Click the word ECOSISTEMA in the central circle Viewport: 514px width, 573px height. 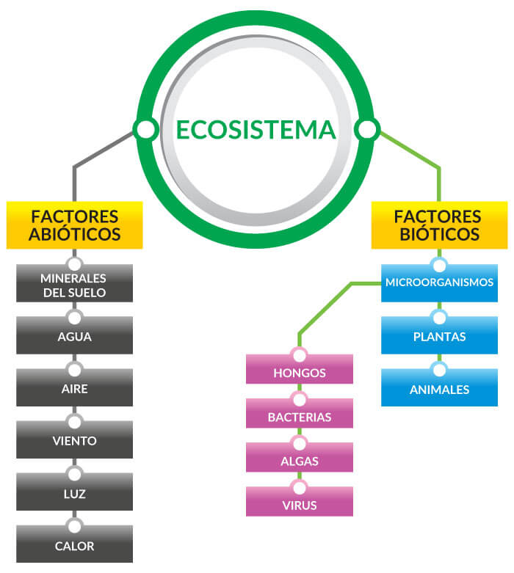tap(256, 130)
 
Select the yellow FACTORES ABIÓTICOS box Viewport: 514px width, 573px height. tap(74, 225)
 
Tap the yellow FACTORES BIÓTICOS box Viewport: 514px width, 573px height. tap(438, 225)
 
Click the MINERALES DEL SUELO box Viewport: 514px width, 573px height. tap(74, 285)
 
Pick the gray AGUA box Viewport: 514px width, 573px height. tap(74, 337)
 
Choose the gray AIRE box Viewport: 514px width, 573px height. tap(74, 390)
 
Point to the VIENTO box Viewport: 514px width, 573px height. tap(74, 442)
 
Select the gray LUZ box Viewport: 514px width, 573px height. tap(74, 494)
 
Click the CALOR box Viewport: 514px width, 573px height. tap(74, 546)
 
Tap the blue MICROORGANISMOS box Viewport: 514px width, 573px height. tap(439, 282)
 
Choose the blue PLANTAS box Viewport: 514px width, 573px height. tap(439, 337)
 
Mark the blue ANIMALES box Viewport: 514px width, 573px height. tap(439, 390)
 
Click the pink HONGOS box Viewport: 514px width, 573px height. tap(299, 373)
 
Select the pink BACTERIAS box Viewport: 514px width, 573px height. tap(299, 417)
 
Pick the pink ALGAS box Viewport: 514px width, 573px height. tap(299, 460)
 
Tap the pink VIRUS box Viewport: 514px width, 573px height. tap(299, 505)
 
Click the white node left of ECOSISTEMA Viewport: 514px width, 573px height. tap(146, 130)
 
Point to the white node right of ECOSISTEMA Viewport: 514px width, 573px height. tap(366, 130)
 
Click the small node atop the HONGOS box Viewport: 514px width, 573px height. tap(299, 355)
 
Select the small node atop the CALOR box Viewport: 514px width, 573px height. tap(74, 525)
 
